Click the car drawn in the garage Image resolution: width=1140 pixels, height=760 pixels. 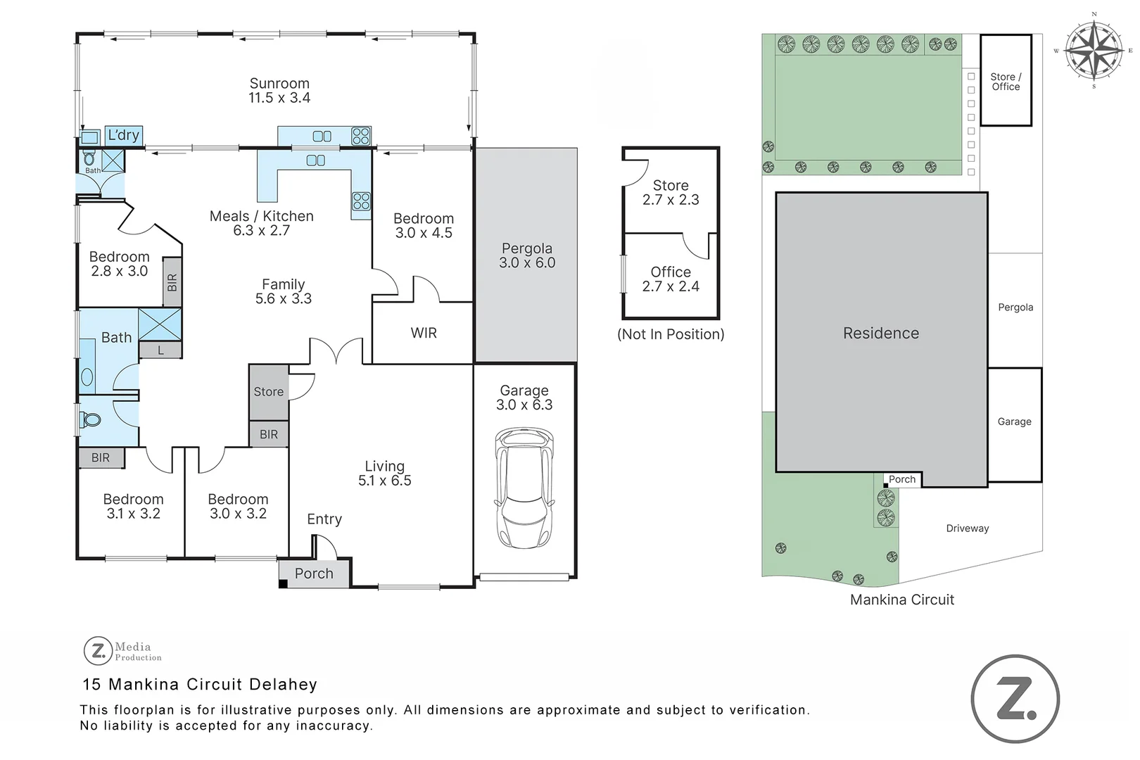click(x=524, y=488)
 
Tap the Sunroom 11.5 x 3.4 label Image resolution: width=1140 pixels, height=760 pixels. click(x=279, y=91)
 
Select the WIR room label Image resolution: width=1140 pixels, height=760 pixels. click(x=424, y=333)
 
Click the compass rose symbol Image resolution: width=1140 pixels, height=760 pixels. click(x=1093, y=50)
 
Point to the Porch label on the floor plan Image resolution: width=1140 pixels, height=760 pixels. click(x=314, y=574)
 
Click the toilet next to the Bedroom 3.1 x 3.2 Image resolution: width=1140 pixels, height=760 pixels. click(x=90, y=420)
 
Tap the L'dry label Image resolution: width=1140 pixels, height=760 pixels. click(x=123, y=135)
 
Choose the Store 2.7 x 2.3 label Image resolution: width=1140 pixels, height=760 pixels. click(x=670, y=192)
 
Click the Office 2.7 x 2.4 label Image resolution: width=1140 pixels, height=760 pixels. click(x=670, y=279)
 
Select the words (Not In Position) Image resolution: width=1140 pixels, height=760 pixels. click(x=670, y=334)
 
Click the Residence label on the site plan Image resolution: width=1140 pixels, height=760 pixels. click(x=880, y=333)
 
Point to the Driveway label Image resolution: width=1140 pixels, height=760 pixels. click(x=967, y=528)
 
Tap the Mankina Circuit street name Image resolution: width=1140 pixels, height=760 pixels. click(x=901, y=600)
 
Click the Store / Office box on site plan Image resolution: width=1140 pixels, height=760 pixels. click(x=1006, y=81)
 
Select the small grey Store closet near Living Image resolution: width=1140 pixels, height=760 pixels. click(x=269, y=392)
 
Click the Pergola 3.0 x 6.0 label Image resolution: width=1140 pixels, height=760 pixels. click(x=526, y=255)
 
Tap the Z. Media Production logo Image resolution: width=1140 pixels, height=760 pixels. click(x=122, y=651)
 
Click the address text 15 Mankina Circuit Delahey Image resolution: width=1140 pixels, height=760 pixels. click(x=200, y=684)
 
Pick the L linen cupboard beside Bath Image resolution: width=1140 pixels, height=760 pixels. click(x=160, y=350)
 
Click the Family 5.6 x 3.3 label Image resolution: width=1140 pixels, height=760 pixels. click(x=283, y=291)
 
